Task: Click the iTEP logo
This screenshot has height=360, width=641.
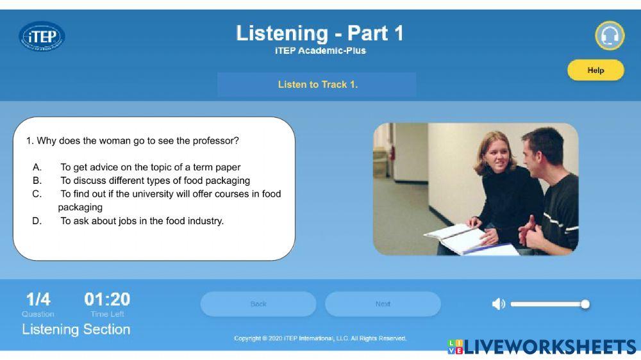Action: tap(42, 36)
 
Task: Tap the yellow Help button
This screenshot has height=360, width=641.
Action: tap(595, 70)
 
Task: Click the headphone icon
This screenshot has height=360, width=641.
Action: tap(610, 36)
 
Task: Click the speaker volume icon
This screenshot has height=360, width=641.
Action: tap(498, 304)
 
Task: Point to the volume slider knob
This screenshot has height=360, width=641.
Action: tap(585, 304)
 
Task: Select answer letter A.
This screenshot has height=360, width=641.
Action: tap(37, 167)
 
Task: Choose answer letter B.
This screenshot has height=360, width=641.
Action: tap(37, 181)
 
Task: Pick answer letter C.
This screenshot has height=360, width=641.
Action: tap(37, 193)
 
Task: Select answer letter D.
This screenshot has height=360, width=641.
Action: tap(37, 221)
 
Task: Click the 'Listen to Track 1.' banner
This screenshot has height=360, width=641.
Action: tap(317, 85)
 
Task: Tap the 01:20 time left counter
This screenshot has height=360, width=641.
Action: tap(107, 299)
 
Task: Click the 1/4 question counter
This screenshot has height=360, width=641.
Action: tap(38, 299)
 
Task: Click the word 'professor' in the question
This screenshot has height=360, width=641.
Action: tap(217, 140)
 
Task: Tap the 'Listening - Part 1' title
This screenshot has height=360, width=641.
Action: tap(320, 33)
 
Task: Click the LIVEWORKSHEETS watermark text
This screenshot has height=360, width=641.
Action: tap(550, 347)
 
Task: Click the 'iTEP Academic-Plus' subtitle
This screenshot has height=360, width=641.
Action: tap(320, 51)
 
